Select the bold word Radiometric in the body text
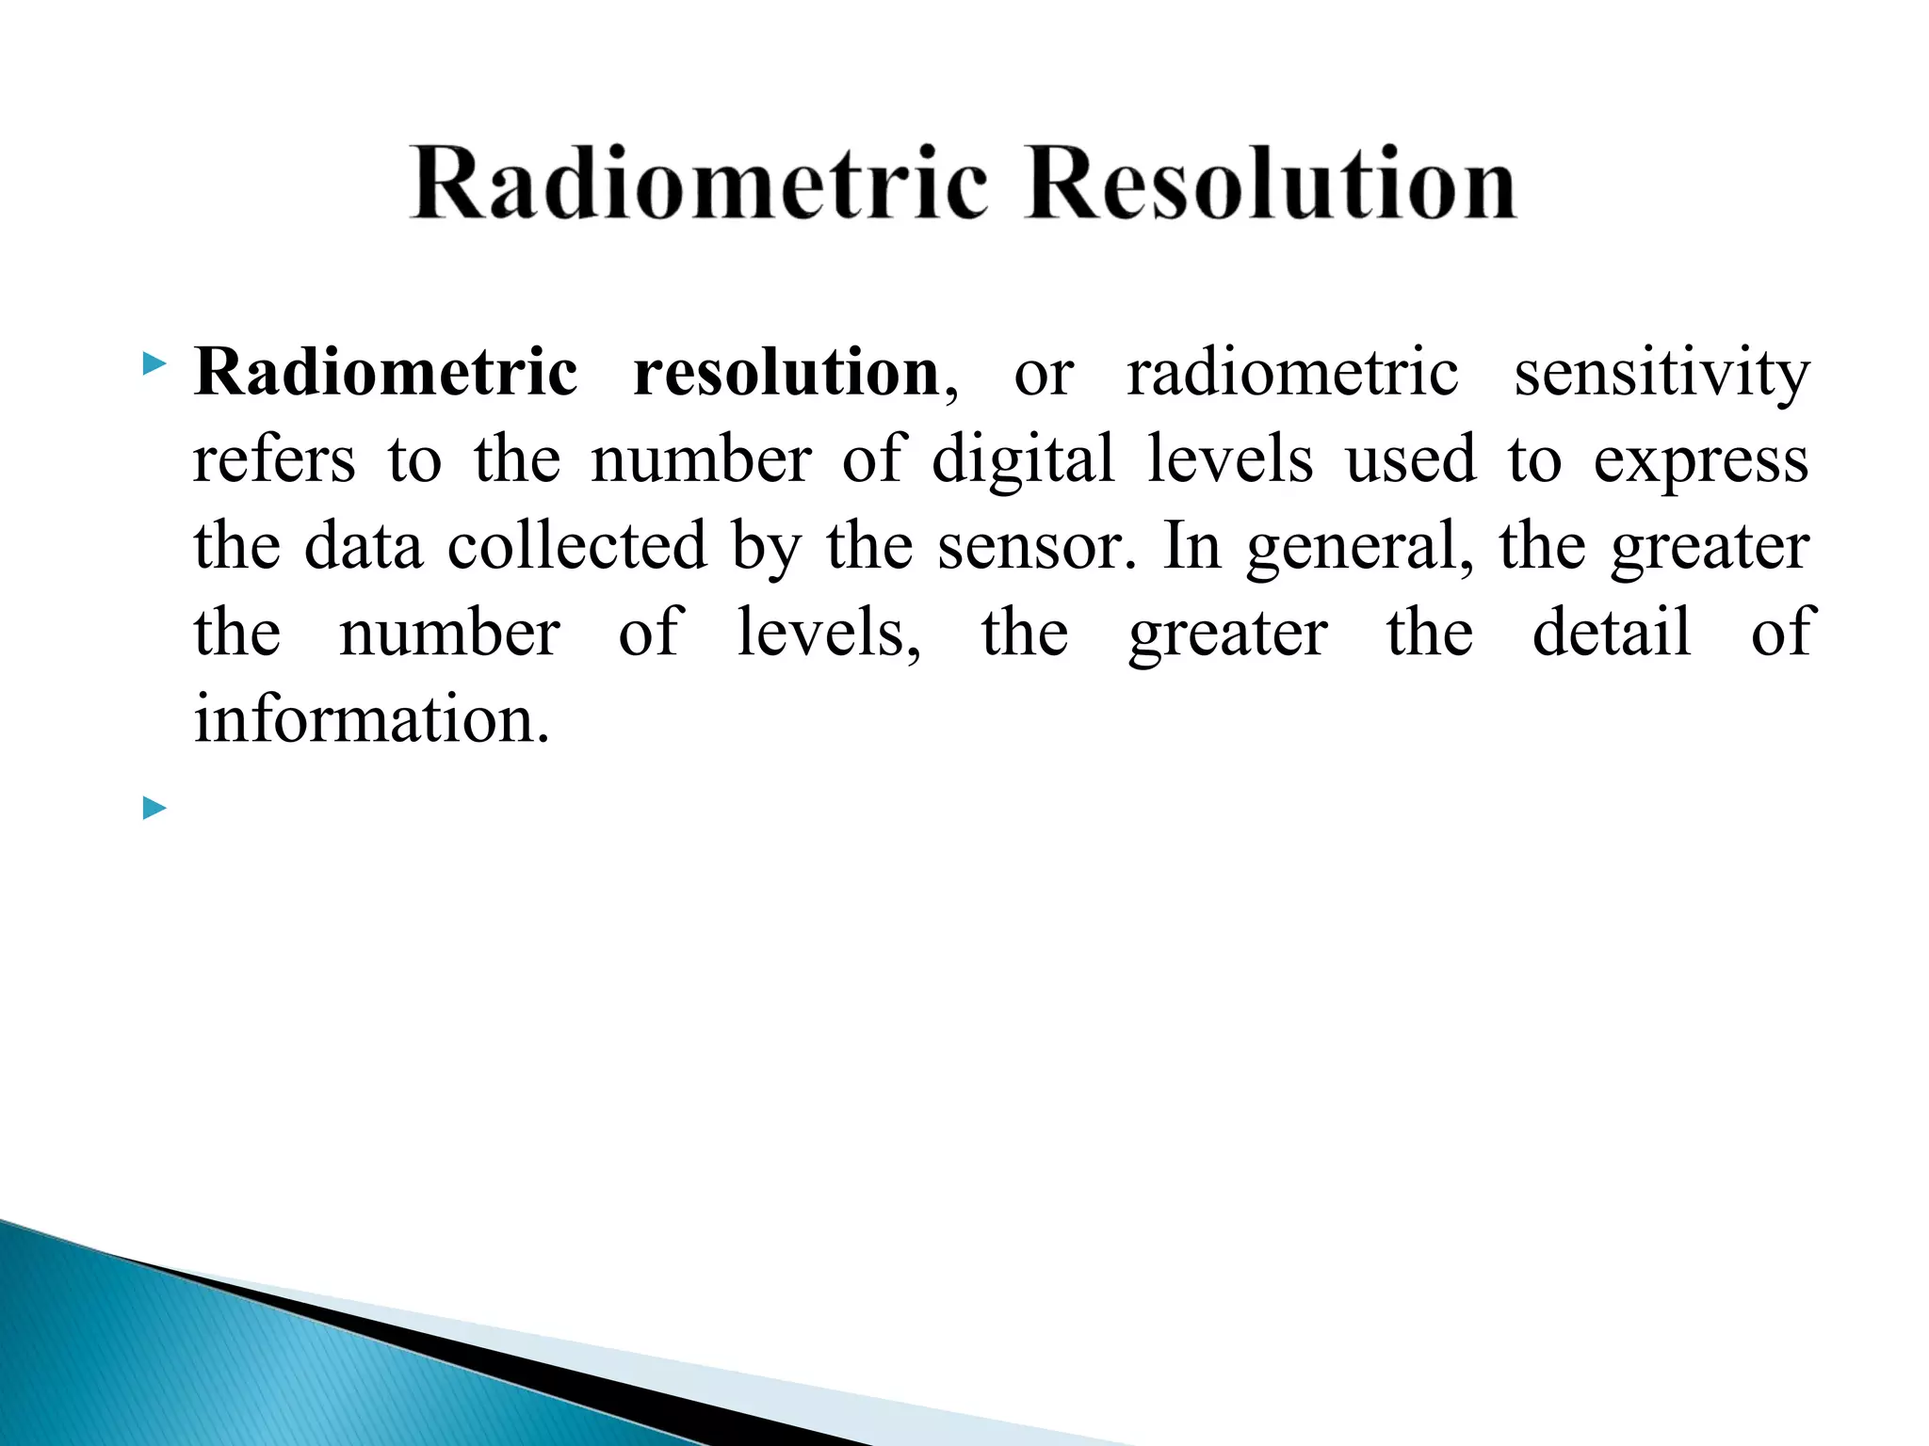[x=385, y=373]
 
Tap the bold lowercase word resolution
[x=786, y=373]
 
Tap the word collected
[x=576, y=546]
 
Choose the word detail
[x=1612, y=633]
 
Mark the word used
[x=1410, y=461]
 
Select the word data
[x=364, y=546]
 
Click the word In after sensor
[x=1192, y=546]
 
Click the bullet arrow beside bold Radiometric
[x=154, y=363]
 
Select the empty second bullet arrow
[x=154, y=808]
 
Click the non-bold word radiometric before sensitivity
[x=1292, y=373]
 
